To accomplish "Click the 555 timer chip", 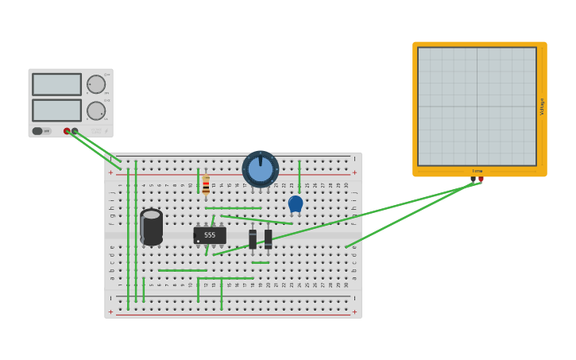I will (x=210, y=235).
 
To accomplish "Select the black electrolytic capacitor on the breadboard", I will (x=151, y=226).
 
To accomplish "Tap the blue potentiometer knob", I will (x=260, y=169).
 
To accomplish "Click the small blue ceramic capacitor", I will (x=296, y=203).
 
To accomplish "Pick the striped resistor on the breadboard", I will (x=206, y=185).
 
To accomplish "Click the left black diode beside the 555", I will (x=253, y=238).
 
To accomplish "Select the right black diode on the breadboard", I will (x=268, y=238).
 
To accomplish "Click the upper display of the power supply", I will (x=56, y=84).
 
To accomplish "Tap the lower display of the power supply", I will (x=56, y=110).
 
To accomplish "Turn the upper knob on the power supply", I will (x=96, y=84).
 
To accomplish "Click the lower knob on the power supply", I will (x=96, y=110).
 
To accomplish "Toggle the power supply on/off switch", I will (x=37, y=131).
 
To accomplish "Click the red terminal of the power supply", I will (x=67, y=131).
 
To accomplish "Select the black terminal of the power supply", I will (x=75, y=131).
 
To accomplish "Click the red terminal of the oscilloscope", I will (x=481, y=179).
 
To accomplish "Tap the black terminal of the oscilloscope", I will (x=473, y=179).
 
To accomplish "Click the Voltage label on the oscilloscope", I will (x=542, y=106).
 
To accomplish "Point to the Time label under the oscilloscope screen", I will (x=477, y=171).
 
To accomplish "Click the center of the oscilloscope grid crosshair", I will (x=477, y=106).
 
